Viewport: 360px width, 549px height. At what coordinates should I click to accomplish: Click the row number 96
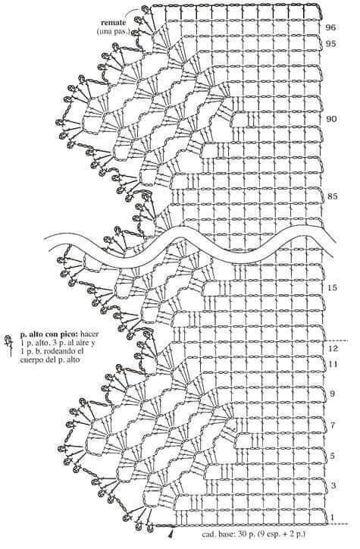click(x=330, y=27)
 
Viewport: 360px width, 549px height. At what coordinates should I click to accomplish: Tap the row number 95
click(x=330, y=44)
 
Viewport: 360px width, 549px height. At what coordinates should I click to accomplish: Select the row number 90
click(x=331, y=119)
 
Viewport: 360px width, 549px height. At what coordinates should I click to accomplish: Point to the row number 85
click(x=333, y=196)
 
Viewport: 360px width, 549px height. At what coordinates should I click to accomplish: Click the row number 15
click(x=333, y=288)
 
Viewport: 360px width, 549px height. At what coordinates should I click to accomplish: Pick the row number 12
click(x=333, y=349)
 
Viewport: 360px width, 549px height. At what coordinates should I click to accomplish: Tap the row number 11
click(x=333, y=365)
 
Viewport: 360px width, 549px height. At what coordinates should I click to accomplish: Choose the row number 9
click(x=333, y=394)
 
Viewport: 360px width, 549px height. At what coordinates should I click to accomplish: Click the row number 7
click(x=333, y=425)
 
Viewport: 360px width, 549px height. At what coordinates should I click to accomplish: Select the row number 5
click(x=333, y=456)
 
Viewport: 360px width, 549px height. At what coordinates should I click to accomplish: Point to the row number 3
click(x=333, y=485)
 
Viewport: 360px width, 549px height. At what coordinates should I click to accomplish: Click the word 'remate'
click(x=113, y=23)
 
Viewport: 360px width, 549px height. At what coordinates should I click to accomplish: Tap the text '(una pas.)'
click(x=113, y=32)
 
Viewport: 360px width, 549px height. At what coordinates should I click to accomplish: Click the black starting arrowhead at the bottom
click(x=171, y=534)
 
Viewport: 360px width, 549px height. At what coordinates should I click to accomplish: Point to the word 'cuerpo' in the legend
click(x=30, y=359)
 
